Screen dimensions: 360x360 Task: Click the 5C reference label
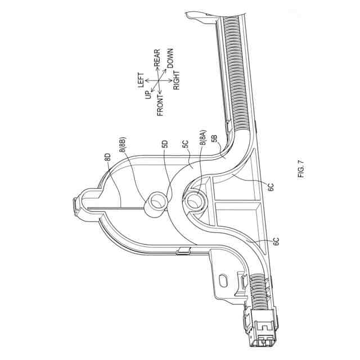point(184,146)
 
